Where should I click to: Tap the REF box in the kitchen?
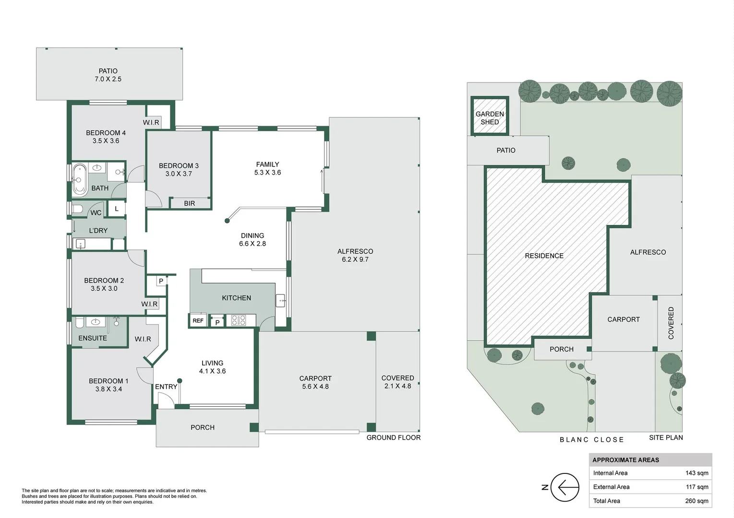click(x=198, y=320)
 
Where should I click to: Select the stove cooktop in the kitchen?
click(x=239, y=320)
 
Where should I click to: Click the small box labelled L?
click(x=117, y=209)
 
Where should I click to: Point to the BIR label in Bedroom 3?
click(x=190, y=203)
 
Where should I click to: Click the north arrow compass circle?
click(x=565, y=487)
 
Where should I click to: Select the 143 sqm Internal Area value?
click(x=697, y=473)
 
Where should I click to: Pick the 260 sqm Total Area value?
click(x=697, y=501)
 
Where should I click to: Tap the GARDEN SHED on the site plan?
click(x=490, y=117)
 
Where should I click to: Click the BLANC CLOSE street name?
click(x=592, y=439)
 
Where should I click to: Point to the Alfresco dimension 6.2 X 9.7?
click(x=355, y=259)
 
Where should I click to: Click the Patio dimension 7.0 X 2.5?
click(x=108, y=79)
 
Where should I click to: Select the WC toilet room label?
click(x=96, y=212)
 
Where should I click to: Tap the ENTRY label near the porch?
click(x=166, y=387)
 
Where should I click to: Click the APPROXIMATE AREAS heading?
click(x=626, y=460)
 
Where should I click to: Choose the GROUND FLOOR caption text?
click(x=394, y=437)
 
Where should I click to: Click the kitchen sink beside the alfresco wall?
click(x=280, y=301)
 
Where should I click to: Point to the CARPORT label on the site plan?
click(x=624, y=319)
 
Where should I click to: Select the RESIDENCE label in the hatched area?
click(x=544, y=256)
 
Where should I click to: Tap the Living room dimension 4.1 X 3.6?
click(x=212, y=371)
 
